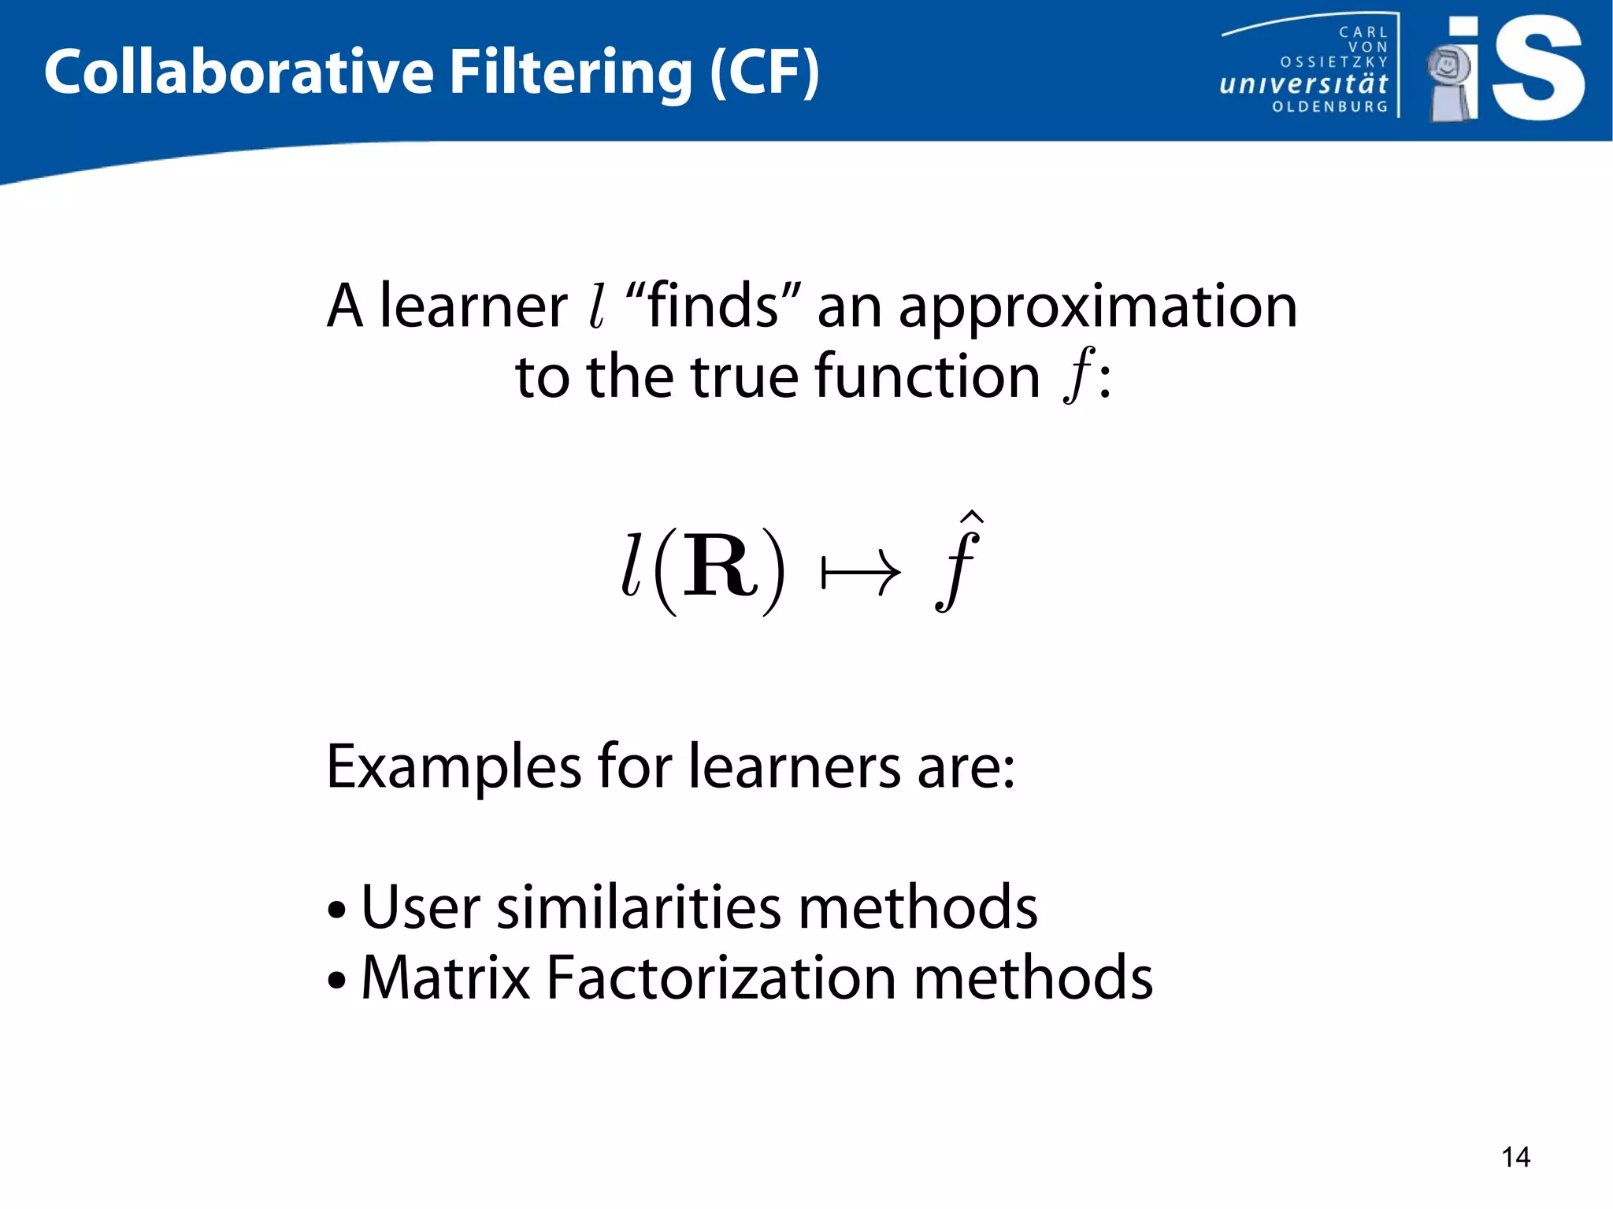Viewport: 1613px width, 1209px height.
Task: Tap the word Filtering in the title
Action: (571, 72)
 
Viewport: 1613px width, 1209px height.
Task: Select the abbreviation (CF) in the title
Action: (764, 72)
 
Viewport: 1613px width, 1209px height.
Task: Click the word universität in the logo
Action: (1303, 83)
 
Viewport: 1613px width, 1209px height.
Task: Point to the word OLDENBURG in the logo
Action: (1329, 106)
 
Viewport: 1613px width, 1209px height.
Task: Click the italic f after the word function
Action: (1077, 375)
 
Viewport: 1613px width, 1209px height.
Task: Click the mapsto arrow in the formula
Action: (860, 573)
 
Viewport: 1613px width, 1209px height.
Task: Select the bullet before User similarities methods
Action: (337, 910)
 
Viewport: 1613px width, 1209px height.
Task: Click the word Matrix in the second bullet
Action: (446, 977)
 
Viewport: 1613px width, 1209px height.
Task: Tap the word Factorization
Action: (721, 977)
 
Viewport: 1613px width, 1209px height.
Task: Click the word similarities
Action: (639, 907)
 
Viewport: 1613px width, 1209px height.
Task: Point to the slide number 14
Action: (1515, 1157)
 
